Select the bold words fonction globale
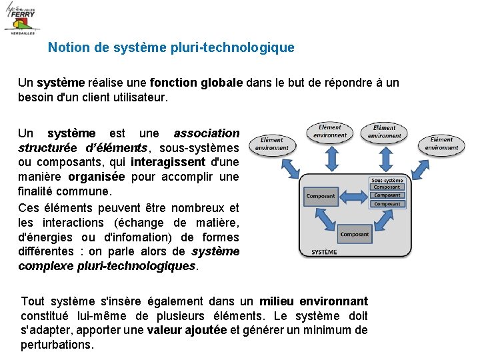(196, 83)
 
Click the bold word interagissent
(168, 162)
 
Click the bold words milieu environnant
(313, 301)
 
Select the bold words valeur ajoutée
(187, 330)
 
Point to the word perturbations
(57, 345)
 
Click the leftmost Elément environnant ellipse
(272, 144)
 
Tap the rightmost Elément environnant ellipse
(441, 144)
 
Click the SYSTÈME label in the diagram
(325, 252)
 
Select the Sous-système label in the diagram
(387, 180)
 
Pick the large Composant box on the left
(321, 197)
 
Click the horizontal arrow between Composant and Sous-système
(354, 196)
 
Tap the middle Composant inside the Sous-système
(387, 195)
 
